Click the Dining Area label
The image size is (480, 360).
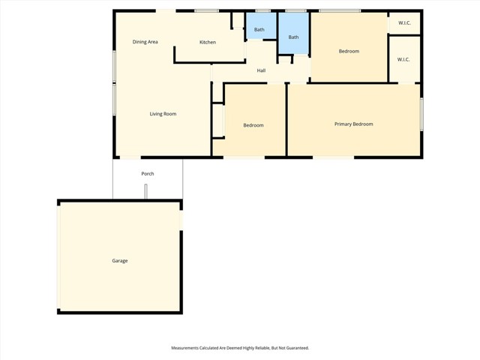click(x=145, y=42)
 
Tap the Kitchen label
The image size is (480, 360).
click(x=208, y=42)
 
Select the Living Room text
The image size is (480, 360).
click(x=163, y=114)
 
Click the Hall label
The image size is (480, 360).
click(x=261, y=70)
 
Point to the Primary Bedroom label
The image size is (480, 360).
click(x=353, y=124)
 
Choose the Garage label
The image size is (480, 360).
click(x=120, y=261)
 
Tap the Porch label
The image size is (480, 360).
click(x=148, y=174)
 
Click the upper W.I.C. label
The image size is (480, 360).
click(x=403, y=22)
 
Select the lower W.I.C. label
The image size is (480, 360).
click(x=403, y=59)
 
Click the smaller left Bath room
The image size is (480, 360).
click(x=259, y=29)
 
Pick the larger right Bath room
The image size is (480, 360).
click(x=293, y=37)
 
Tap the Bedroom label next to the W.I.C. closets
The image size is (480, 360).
click(x=349, y=51)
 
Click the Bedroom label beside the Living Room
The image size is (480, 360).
click(x=253, y=125)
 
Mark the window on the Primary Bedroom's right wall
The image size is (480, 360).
click(x=421, y=114)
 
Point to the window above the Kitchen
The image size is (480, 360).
click(x=207, y=10)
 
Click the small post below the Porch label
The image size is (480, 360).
click(x=147, y=192)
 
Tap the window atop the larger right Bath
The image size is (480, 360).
click(x=295, y=10)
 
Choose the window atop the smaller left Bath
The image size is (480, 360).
click(x=262, y=10)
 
